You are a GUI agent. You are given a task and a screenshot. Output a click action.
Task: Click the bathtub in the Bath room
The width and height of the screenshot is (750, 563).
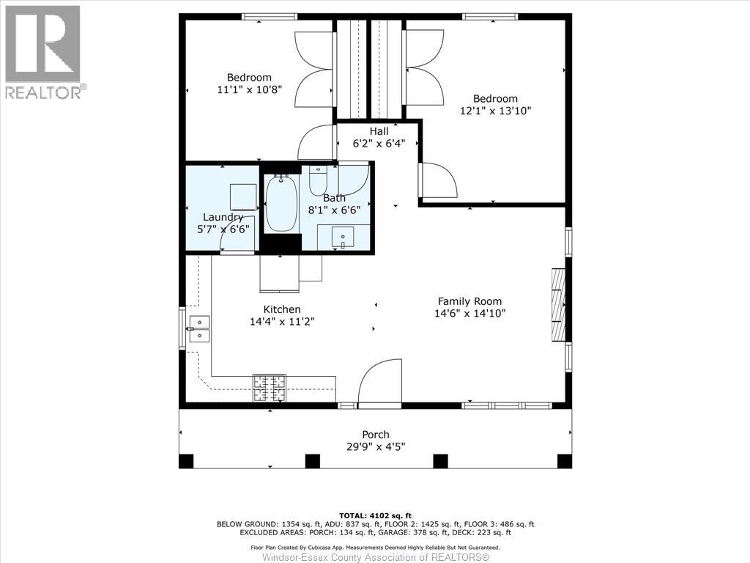[x=281, y=205]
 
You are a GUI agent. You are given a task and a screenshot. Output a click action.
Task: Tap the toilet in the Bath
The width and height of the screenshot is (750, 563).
[x=318, y=180]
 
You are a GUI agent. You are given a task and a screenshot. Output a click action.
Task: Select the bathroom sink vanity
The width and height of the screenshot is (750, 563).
[x=342, y=237]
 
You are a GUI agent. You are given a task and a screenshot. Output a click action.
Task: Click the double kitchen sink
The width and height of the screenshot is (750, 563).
[x=198, y=329]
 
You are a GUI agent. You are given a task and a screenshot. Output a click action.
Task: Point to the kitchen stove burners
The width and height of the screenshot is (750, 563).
[x=269, y=388]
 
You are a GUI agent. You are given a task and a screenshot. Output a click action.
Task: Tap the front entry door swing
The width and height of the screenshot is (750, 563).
[x=380, y=383]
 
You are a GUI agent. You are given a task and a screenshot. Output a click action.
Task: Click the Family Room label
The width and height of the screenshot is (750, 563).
[x=469, y=301]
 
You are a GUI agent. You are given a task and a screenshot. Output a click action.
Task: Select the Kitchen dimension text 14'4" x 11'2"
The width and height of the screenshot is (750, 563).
[x=282, y=321]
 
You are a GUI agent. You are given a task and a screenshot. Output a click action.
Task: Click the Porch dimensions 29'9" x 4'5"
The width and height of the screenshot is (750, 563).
[x=375, y=446]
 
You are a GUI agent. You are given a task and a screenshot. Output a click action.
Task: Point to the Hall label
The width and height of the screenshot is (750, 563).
[x=379, y=131]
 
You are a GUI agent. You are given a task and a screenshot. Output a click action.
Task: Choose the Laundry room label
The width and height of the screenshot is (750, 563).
[x=223, y=217]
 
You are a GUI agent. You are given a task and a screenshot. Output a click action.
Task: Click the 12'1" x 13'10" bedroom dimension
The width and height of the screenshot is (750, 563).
[x=495, y=111]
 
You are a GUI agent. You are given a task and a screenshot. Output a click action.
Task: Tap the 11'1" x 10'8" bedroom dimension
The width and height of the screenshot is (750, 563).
[x=249, y=89]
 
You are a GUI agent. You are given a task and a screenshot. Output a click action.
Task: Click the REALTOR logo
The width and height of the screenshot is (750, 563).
[x=43, y=51]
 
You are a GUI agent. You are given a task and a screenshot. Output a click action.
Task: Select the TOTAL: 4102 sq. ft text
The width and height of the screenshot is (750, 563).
[x=375, y=515]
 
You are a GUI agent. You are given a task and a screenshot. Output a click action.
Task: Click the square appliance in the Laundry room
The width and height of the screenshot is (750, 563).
[x=243, y=196]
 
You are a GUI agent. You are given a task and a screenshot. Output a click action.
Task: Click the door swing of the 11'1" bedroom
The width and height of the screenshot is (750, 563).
[x=317, y=142]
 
